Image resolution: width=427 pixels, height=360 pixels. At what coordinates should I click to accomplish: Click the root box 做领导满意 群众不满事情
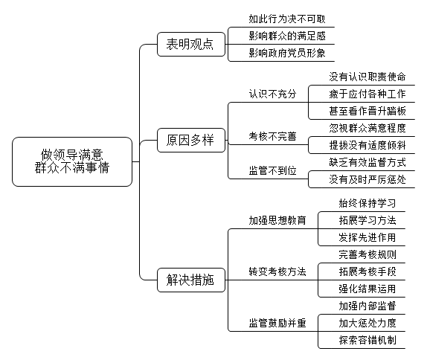click(72, 161)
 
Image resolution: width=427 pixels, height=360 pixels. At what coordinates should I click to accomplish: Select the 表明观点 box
click(191, 45)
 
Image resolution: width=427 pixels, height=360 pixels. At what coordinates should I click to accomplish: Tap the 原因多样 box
click(191, 141)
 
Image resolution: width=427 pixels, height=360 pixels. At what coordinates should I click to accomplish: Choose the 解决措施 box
click(191, 280)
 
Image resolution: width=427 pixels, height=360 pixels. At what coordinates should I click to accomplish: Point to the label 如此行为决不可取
click(287, 19)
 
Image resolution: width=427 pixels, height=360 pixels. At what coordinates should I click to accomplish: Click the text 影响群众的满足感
click(287, 36)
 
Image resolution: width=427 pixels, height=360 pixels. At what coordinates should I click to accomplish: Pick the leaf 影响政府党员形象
click(287, 53)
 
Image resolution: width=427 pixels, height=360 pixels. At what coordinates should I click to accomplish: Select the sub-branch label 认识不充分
click(272, 94)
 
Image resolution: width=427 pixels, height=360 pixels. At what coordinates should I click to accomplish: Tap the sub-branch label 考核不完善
click(272, 136)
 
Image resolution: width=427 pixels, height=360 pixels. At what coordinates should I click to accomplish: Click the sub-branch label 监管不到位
click(272, 171)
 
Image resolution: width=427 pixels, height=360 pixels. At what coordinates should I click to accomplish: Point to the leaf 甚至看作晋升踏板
click(367, 111)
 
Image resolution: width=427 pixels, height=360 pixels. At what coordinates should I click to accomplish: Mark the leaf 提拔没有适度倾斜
click(367, 145)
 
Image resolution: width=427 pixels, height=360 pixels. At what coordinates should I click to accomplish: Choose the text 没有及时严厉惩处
click(367, 179)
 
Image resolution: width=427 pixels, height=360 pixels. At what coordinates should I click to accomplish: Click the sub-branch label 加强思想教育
click(277, 220)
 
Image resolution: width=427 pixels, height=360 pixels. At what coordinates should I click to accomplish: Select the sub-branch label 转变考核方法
click(277, 271)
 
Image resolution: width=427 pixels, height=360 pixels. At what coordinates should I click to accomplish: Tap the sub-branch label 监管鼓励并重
click(277, 323)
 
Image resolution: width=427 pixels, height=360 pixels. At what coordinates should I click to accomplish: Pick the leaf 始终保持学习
click(367, 203)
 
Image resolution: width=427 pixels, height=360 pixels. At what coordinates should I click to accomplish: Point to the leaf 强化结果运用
click(367, 289)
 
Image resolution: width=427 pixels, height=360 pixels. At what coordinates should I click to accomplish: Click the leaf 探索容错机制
click(367, 340)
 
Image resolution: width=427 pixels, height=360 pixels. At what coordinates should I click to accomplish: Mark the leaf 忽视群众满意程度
click(367, 128)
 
